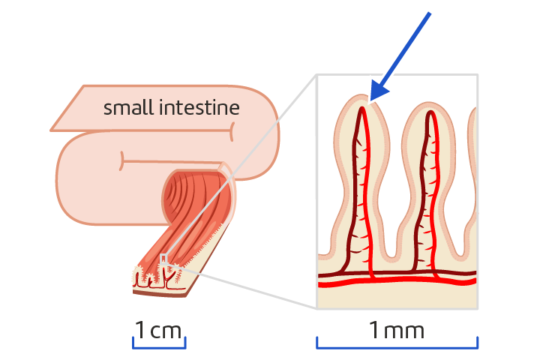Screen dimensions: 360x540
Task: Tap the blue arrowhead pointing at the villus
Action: click(378, 91)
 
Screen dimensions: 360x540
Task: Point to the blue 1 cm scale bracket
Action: click(159, 346)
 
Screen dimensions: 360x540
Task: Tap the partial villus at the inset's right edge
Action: click(473, 172)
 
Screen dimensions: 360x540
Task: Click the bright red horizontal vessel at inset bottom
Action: click(397, 280)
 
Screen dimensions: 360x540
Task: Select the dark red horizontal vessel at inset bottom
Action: click(397, 271)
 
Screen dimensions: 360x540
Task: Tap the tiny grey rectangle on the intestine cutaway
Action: click(163, 259)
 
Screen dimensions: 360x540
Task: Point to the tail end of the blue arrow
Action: click(430, 15)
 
